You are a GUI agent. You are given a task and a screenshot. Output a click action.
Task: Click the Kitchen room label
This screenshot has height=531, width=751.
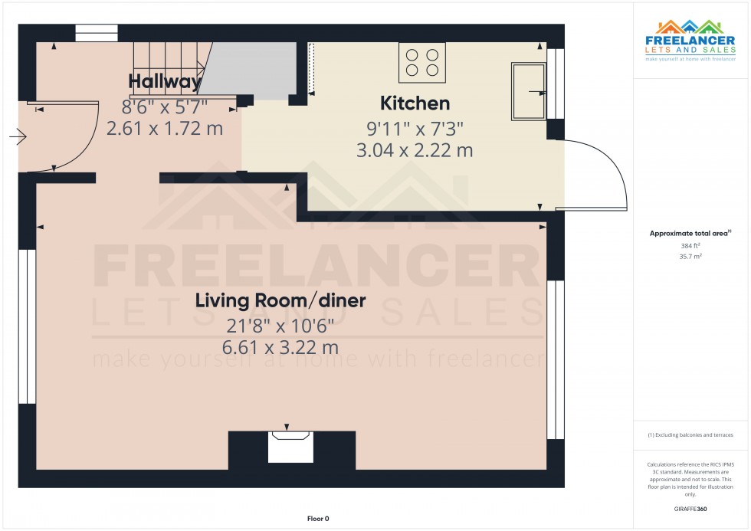[415, 103]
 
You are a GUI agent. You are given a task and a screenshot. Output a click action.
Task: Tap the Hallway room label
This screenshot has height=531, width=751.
[165, 81]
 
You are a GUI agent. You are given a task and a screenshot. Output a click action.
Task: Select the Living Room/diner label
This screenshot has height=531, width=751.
[280, 300]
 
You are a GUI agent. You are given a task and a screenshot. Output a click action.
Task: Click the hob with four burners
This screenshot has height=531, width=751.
[422, 63]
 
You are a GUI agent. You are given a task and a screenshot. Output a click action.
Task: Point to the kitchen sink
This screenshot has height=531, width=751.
[528, 91]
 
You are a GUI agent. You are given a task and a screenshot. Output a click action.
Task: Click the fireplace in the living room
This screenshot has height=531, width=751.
[290, 447]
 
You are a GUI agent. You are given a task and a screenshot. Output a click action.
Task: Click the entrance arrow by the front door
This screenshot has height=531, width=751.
[18, 138]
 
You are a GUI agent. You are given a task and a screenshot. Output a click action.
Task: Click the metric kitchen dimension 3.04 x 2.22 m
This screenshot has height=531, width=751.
[415, 151]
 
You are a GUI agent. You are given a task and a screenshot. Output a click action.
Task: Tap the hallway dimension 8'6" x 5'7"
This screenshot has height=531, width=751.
[164, 107]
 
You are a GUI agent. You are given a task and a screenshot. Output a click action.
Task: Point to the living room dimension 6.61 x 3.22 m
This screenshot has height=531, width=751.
[280, 347]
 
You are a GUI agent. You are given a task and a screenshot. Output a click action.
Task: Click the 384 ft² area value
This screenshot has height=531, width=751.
[690, 246]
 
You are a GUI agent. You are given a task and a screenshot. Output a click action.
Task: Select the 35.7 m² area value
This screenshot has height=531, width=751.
[690, 257]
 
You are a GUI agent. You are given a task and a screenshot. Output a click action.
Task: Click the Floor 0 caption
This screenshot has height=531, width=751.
[318, 519]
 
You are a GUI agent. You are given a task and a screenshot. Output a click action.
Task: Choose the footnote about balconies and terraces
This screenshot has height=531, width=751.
[690, 435]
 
